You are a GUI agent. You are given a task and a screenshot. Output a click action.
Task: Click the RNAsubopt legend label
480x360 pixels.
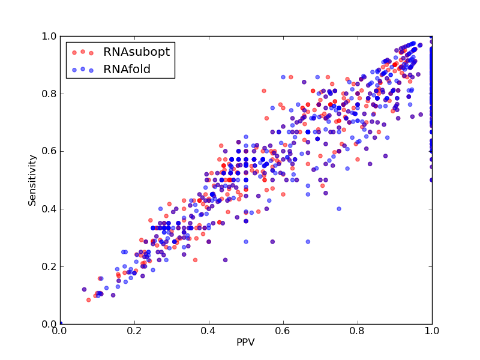tap(136, 52)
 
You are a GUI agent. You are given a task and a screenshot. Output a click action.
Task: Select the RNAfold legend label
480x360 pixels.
tap(127, 70)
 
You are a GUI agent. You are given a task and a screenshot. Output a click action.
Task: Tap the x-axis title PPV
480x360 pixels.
tap(245, 342)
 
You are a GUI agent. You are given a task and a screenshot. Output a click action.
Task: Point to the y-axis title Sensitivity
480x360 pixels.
tap(32, 181)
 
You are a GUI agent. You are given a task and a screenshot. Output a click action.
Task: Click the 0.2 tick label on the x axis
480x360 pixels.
tap(134, 331)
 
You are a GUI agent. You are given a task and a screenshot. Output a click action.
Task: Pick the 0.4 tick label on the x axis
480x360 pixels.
tap(209, 331)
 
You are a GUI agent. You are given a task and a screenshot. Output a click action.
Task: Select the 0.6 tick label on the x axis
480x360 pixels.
tap(283, 331)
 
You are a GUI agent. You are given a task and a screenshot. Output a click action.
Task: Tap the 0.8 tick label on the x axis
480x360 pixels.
tap(358, 331)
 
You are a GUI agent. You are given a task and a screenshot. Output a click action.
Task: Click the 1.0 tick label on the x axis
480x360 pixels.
tap(432, 331)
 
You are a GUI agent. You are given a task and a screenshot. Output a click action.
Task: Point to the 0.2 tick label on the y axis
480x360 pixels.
tap(49, 266)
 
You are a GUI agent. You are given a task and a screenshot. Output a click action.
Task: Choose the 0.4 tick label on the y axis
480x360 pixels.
tap(49, 209)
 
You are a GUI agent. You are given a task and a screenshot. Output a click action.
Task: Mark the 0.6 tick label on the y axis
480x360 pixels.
tap(49, 152)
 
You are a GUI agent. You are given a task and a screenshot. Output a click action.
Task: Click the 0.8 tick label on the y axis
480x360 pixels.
tap(49, 94)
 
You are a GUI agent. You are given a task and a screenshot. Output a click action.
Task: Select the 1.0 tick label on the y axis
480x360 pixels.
tap(49, 36)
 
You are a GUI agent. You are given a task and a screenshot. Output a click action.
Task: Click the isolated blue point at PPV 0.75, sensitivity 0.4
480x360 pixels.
tap(339, 209)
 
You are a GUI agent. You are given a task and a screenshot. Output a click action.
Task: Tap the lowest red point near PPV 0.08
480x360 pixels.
tap(88, 300)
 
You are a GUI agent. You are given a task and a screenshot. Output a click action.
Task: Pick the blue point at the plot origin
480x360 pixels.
tap(61, 323)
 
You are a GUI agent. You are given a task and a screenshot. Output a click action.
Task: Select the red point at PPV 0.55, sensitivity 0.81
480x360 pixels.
tap(264, 91)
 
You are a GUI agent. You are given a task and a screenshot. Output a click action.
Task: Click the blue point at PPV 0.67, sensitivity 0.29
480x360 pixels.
tap(308, 242)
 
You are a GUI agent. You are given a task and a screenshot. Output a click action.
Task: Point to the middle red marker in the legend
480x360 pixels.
tap(83, 52)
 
